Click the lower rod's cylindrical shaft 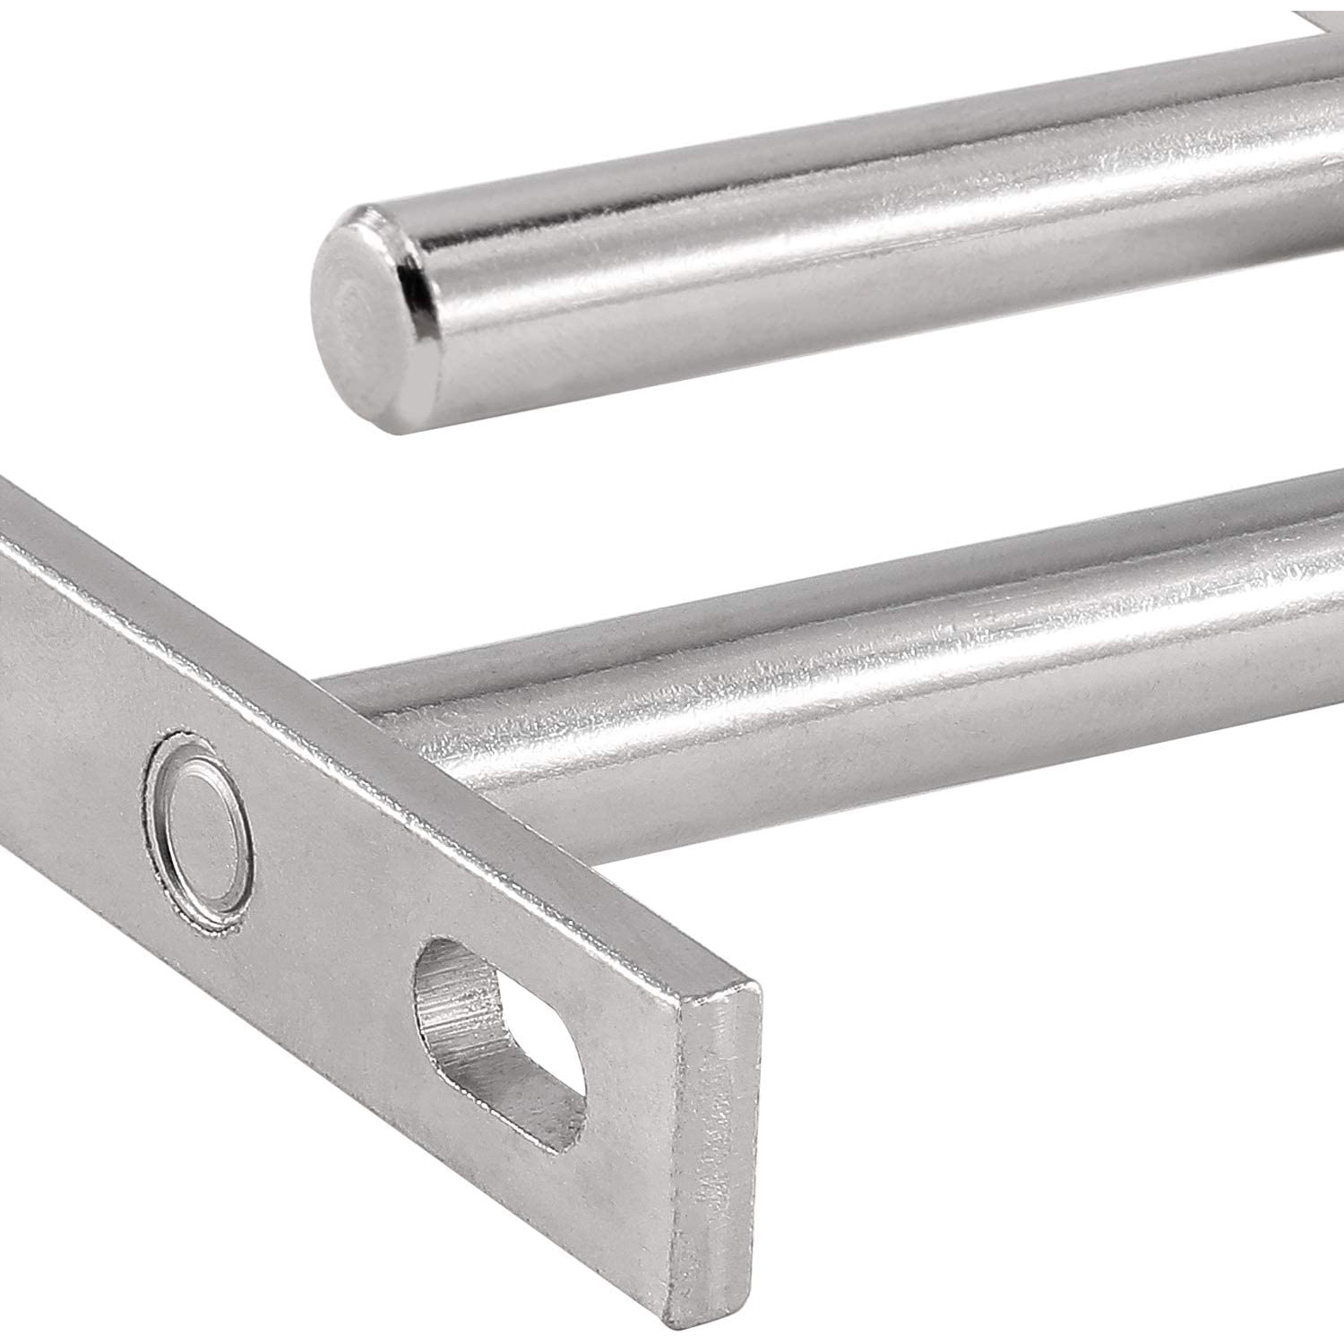click(x=896, y=681)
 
